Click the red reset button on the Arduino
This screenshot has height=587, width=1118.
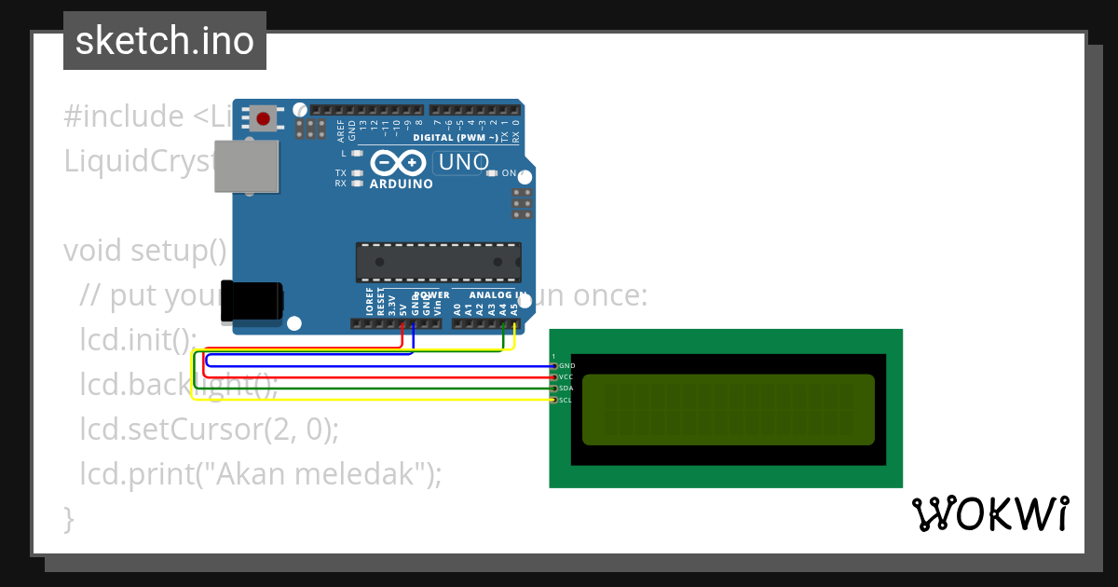263,118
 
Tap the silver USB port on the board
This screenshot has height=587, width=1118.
247,167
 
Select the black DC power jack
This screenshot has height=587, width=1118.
252,302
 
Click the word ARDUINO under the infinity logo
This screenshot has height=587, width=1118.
402,184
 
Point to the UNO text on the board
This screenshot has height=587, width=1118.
464,162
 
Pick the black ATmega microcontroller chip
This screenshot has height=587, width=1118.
438,262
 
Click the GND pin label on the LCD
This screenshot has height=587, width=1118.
566,366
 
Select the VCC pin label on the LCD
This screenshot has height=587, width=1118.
566,377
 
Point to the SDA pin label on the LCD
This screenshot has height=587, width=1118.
566,389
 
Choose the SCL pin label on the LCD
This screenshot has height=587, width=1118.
565,400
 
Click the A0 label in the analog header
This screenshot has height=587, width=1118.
457,307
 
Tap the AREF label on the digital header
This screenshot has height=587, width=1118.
341,130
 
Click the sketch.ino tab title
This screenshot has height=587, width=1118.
165,41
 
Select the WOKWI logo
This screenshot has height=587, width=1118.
989,513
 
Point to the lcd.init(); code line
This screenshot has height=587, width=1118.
139,340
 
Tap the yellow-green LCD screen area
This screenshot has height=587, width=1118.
729,410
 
